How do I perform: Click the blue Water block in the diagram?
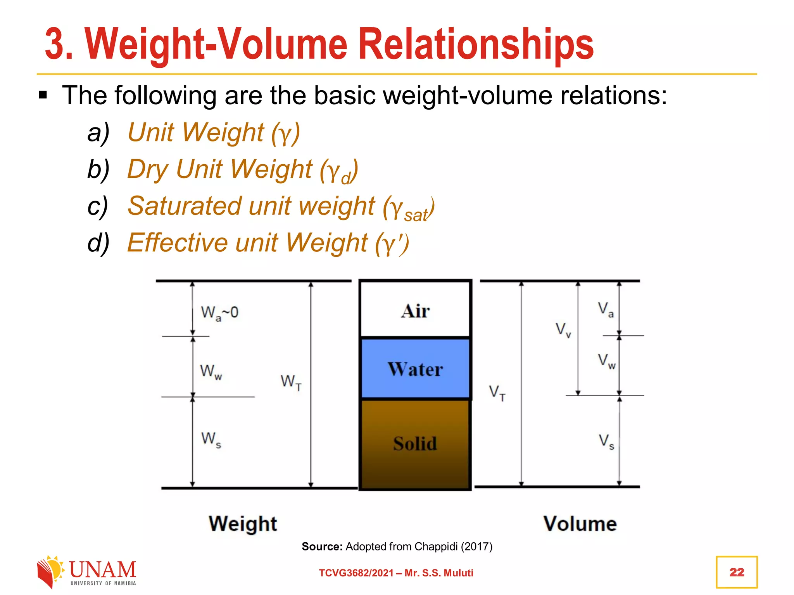pyautogui.click(x=415, y=368)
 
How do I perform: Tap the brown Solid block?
pyautogui.click(x=415, y=444)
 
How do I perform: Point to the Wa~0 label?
pyautogui.click(x=219, y=313)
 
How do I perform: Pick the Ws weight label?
pyautogui.click(x=211, y=440)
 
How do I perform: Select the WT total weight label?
pyautogui.click(x=291, y=382)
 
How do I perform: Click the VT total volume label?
pyautogui.click(x=497, y=392)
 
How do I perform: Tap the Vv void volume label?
pyautogui.click(x=563, y=330)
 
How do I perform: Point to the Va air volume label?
pyautogui.click(x=606, y=310)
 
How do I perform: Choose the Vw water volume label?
pyautogui.click(x=606, y=361)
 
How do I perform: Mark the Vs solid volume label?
pyautogui.click(x=606, y=442)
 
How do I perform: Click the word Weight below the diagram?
pyautogui.click(x=243, y=524)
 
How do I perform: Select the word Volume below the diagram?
pyautogui.click(x=580, y=524)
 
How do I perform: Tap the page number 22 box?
pyautogui.click(x=737, y=572)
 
